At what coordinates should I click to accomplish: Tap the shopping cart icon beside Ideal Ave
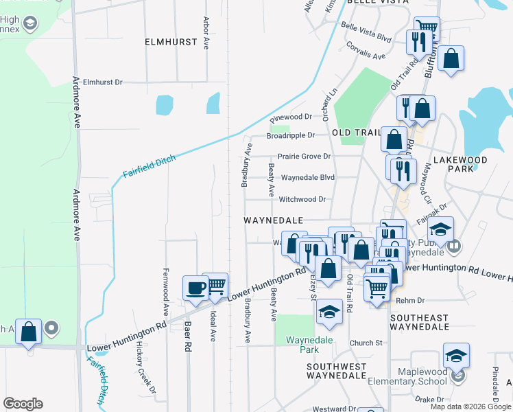point(215,285)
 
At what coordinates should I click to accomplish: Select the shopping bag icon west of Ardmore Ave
point(29,332)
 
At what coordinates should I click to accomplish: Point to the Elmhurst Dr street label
point(102,82)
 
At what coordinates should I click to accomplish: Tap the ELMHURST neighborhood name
point(171,42)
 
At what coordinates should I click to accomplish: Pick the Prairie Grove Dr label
point(304,157)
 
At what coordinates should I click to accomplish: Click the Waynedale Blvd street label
point(307,177)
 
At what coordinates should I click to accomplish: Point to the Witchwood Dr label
point(302,199)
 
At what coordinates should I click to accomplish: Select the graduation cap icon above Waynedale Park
point(330,312)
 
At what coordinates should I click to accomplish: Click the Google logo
point(23,404)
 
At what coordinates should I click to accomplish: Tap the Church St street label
point(365,343)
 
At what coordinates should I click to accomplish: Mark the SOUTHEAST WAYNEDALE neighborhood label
point(419,323)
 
